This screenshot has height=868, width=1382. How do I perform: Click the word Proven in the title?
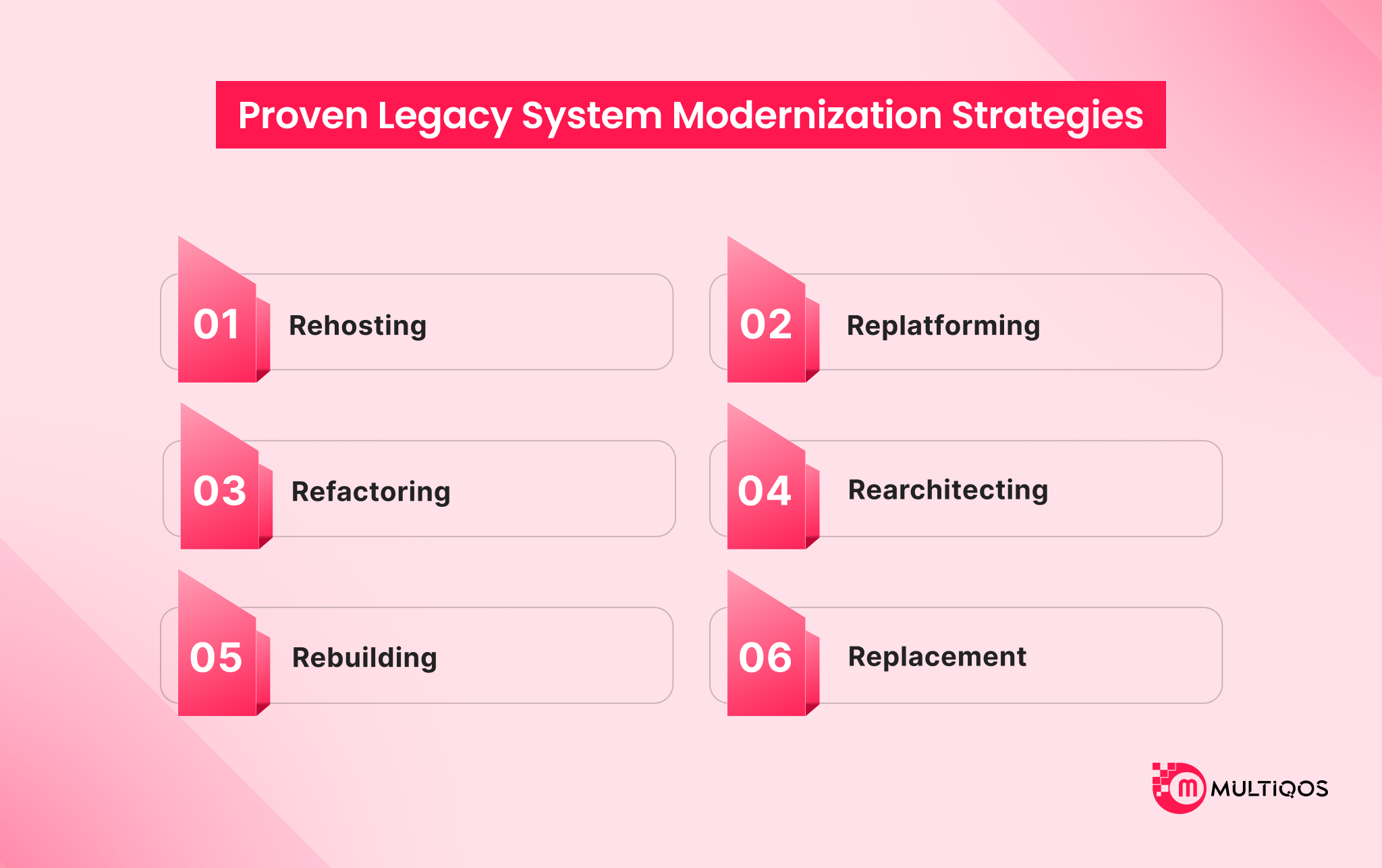tap(302, 115)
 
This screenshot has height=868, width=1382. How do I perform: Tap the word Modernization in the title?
tap(806, 115)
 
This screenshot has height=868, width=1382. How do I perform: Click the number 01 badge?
tap(217, 325)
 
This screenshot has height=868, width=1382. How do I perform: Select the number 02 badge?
tap(766, 325)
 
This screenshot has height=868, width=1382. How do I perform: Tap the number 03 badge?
tap(219, 491)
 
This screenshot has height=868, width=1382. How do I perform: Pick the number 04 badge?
tap(765, 491)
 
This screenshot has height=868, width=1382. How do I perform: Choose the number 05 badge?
tap(216, 657)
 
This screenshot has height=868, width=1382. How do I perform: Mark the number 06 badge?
tap(765, 657)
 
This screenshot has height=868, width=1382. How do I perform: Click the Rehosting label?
tap(358, 325)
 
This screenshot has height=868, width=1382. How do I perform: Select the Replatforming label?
tap(943, 325)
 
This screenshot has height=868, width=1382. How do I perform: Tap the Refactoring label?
tap(371, 491)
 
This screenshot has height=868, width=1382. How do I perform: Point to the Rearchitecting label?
tap(948, 490)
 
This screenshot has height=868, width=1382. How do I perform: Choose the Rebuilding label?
tap(364, 657)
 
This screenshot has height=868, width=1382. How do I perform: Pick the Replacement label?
tap(937, 657)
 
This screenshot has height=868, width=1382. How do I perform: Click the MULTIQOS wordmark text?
tap(1269, 788)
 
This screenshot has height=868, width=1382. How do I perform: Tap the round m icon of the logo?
tap(1187, 788)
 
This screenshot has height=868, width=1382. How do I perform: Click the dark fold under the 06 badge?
tap(812, 709)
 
